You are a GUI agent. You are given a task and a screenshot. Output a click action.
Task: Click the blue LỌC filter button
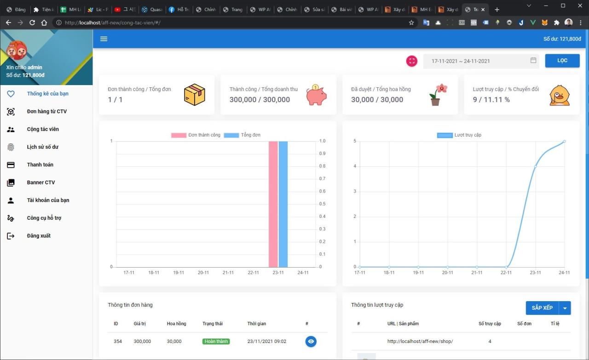click(562, 61)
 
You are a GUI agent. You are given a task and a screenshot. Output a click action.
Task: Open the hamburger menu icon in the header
click(104, 39)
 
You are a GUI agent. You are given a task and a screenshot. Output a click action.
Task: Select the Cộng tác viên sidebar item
click(43, 129)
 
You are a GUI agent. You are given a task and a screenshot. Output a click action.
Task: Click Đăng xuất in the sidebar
click(39, 236)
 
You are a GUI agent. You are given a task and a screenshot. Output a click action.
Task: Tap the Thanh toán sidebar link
click(40, 165)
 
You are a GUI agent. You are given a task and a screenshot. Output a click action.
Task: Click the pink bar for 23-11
click(273, 204)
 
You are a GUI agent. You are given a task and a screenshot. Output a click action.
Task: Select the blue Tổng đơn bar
click(283, 204)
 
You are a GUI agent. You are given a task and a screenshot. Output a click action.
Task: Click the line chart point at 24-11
click(564, 142)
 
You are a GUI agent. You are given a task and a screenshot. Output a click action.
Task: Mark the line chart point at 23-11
click(535, 166)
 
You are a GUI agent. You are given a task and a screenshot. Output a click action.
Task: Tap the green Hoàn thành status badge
click(216, 342)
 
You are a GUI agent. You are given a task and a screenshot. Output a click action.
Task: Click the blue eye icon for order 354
click(311, 341)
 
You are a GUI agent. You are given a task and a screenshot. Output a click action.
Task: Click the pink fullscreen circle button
click(411, 61)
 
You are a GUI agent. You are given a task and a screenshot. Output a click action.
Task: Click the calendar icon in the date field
click(533, 60)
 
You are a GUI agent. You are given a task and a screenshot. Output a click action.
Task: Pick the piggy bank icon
click(316, 95)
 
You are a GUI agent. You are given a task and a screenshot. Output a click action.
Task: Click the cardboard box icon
click(194, 95)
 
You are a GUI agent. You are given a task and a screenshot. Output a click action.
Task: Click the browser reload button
click(32, 23)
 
